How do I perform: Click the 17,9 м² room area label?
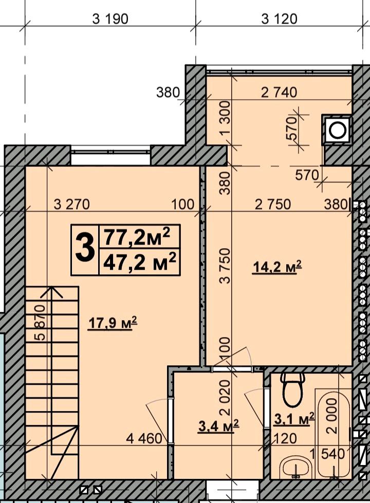coord(113,323)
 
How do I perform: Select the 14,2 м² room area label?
coord(277,267)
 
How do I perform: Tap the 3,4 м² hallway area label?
coord(219,426)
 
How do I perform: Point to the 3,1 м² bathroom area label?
coord(294,419)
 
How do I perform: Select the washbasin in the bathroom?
coord(295,467)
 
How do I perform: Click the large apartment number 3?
coord(85,249)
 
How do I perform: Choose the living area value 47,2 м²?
coord(139,262)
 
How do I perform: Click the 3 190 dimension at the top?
coord(110,19)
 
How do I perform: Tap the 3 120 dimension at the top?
coord(279,19)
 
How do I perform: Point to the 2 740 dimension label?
coord(279,92)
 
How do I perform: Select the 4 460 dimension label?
coord(144,439)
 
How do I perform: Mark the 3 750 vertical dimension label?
coord(225,266)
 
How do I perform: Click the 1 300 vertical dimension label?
coord(225,118)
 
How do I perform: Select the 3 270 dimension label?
coord(71,204)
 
